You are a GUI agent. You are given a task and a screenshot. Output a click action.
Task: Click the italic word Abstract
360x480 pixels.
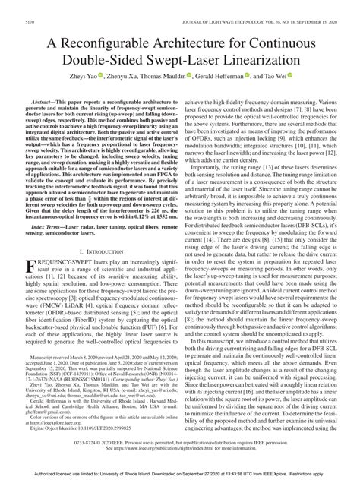[x=48, y=99]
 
